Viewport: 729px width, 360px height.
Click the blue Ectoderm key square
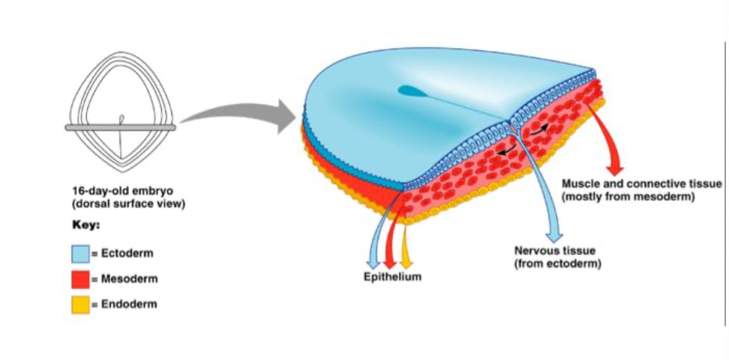tap(81, 253)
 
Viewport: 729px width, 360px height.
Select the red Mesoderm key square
tap(81, 279)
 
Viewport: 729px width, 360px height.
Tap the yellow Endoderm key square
tap(81, 305)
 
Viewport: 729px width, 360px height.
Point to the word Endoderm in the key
tap(127, 304)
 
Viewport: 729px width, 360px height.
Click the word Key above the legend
tap(85, 225)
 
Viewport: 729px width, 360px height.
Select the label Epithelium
tap(392, 277)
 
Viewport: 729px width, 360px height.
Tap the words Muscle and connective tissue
tap(642, 184)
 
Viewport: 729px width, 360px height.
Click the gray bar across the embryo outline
tap(120, 127)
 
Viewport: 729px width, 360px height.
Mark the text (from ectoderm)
tap(557, 264)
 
